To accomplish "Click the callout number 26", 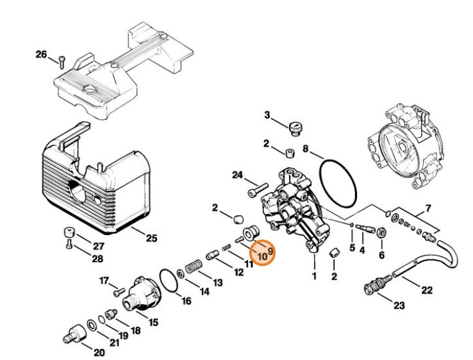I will (41, 55).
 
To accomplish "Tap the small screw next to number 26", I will (62, 61).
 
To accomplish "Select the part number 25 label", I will (151, 238).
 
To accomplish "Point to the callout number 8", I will (306, 151).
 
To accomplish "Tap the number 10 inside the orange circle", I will (263, 256).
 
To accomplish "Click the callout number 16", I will (186, 301).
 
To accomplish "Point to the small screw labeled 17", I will (118, 291).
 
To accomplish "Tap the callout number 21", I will (114, 343).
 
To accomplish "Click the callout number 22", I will (426, 290).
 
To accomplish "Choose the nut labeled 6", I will (382, 232).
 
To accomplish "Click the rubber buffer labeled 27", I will (66, 232).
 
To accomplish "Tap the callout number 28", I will (97, 259).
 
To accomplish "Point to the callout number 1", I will (314, 277).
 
